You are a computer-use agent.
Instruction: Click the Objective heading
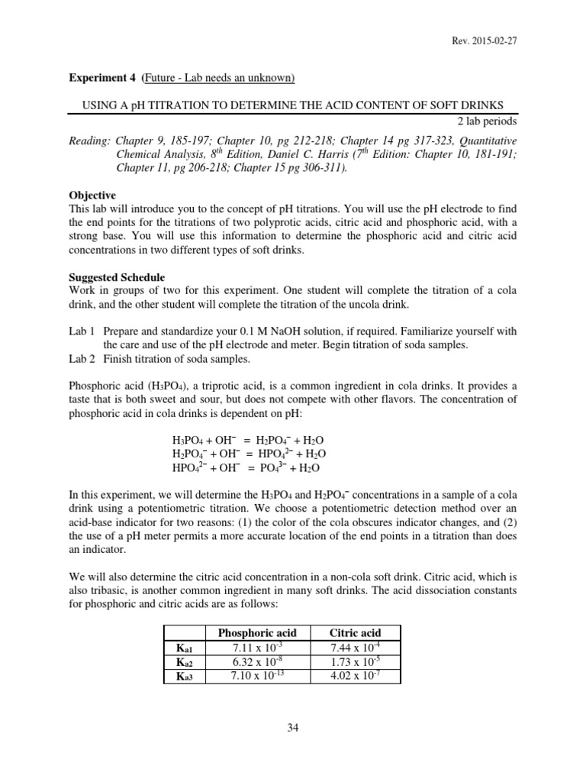click(92, 195)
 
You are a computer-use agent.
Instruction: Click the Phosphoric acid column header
click(257, 633)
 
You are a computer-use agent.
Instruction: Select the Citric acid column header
click(355, 633)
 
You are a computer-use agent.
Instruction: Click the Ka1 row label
click(185, 648)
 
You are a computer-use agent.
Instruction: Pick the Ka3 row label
click(185, 676)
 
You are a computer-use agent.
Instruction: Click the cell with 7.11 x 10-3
click(257, 648)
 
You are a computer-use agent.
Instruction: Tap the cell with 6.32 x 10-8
click(257, 661)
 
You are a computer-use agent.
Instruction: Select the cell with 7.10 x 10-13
click(257, 676)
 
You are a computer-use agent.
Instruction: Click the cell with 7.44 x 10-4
click(355, 648)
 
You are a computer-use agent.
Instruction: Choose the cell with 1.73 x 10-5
click(355, 661)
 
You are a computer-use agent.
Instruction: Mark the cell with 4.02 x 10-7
click(355, 676)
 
